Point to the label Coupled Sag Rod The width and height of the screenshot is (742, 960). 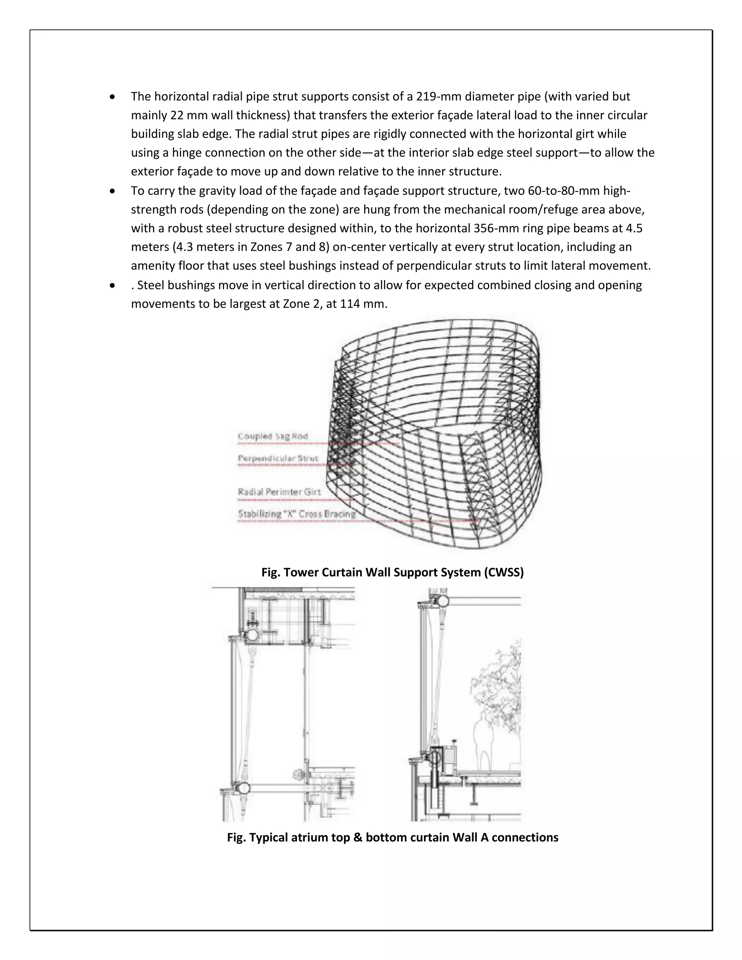coord(272,437)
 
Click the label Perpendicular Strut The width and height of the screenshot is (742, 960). coord(278,459)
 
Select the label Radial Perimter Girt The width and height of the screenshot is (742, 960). coord(279,492)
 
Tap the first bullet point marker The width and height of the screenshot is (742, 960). coord(113,97)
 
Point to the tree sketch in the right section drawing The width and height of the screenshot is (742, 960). coord(497,690)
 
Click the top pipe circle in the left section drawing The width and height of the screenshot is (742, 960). coord(252,635)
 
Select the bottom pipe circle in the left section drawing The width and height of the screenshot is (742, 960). coord(243,788)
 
